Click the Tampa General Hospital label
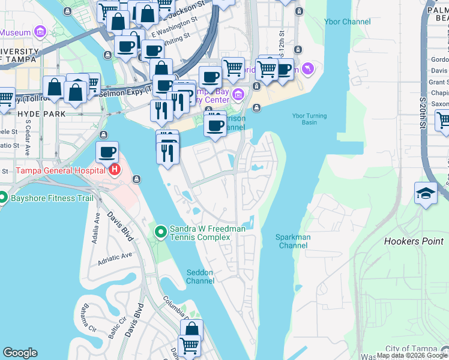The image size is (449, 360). tap(60, 170)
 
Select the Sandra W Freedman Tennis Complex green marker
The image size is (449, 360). tap(161, 232)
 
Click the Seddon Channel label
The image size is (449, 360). tap(200, 277)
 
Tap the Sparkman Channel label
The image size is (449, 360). tap(293, 241)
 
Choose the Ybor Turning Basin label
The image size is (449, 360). tap(309, 119)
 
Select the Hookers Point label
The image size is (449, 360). tap(414, 242)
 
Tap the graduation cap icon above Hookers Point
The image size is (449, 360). tap(426, 193)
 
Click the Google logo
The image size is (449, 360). tap(20, 353)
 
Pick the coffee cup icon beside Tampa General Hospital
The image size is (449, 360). tap(107, 152)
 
